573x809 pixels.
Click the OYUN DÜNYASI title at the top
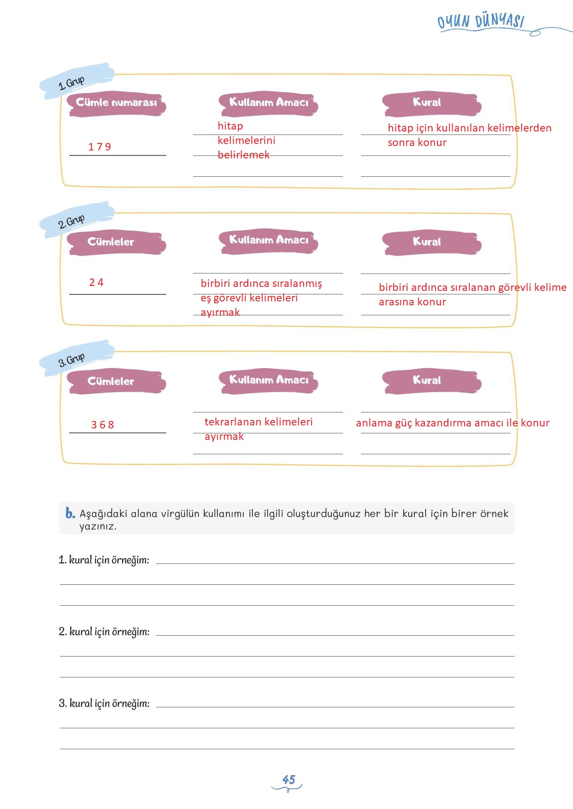[480, 22]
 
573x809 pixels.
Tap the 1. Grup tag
[71, 83]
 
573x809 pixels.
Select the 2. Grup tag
[71, 221]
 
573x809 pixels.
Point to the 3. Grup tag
[71, 360]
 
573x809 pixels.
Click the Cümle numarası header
[116, 103]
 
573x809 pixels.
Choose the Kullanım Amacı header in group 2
[268, 240]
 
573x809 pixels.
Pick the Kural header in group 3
[427, 381]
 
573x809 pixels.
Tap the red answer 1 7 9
[100, 147]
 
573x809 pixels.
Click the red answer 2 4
[96, 282]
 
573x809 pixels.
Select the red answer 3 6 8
[103, 425]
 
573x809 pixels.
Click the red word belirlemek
[243, 155]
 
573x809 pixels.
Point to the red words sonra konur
[417, 142]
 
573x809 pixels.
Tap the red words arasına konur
[412, 302]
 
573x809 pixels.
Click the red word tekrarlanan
[230, 422]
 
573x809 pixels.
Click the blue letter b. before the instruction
[70, 513]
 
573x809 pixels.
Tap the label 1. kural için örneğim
[104, 560]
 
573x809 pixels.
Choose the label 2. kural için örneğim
[104, 632]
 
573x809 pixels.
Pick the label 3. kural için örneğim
[104, 703]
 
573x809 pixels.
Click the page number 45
[289, 780]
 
